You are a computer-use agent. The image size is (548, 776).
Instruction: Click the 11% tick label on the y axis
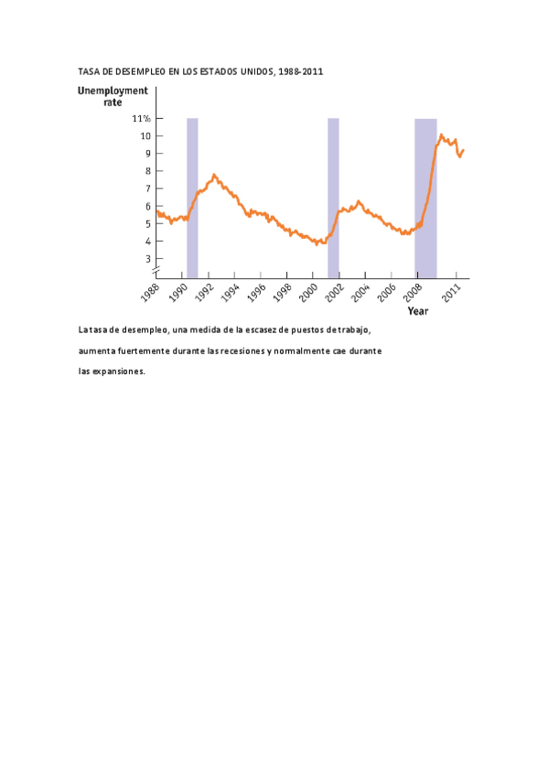pos(142,119)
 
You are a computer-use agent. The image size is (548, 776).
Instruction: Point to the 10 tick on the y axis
pos(145,136)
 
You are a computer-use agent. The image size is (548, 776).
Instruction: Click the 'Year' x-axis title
pos(417,311)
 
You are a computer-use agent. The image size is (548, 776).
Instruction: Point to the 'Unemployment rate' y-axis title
pos(112,97)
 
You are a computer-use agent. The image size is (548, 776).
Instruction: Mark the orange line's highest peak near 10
pos(442,135)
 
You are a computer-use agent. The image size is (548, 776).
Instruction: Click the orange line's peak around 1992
pos(214,174)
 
